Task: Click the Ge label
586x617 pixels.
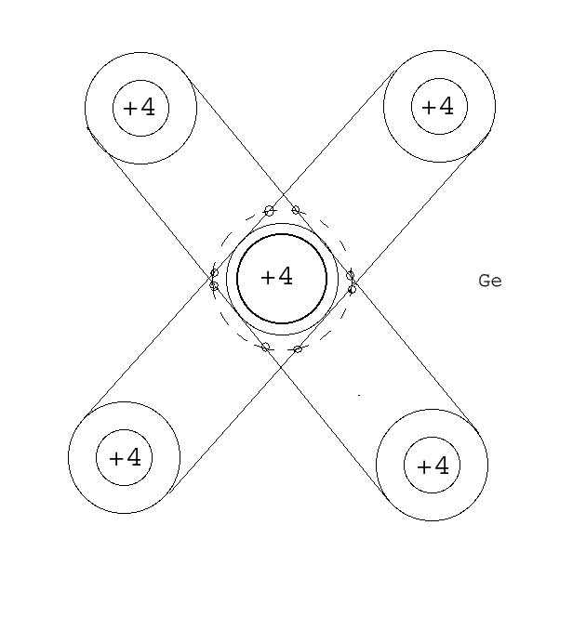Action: (489, 281)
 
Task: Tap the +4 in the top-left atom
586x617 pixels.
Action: (140, 108)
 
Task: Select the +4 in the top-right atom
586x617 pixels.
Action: (438, 107)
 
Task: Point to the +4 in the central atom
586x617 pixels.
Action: (276, 277)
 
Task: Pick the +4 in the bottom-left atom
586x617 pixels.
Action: (125, 457)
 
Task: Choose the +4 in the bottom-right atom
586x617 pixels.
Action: (433, 466)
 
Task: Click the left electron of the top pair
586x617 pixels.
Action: (270, 211)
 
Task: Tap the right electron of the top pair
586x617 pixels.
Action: (296, 210)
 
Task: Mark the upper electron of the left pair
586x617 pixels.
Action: (214, 273)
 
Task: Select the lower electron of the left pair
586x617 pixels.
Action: (214, 286)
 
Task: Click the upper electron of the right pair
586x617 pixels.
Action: (351, 276)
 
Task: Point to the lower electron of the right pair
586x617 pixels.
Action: (352, 290)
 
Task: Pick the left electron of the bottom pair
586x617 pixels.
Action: (265, 347)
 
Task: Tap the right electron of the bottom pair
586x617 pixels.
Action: (298, 349)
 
